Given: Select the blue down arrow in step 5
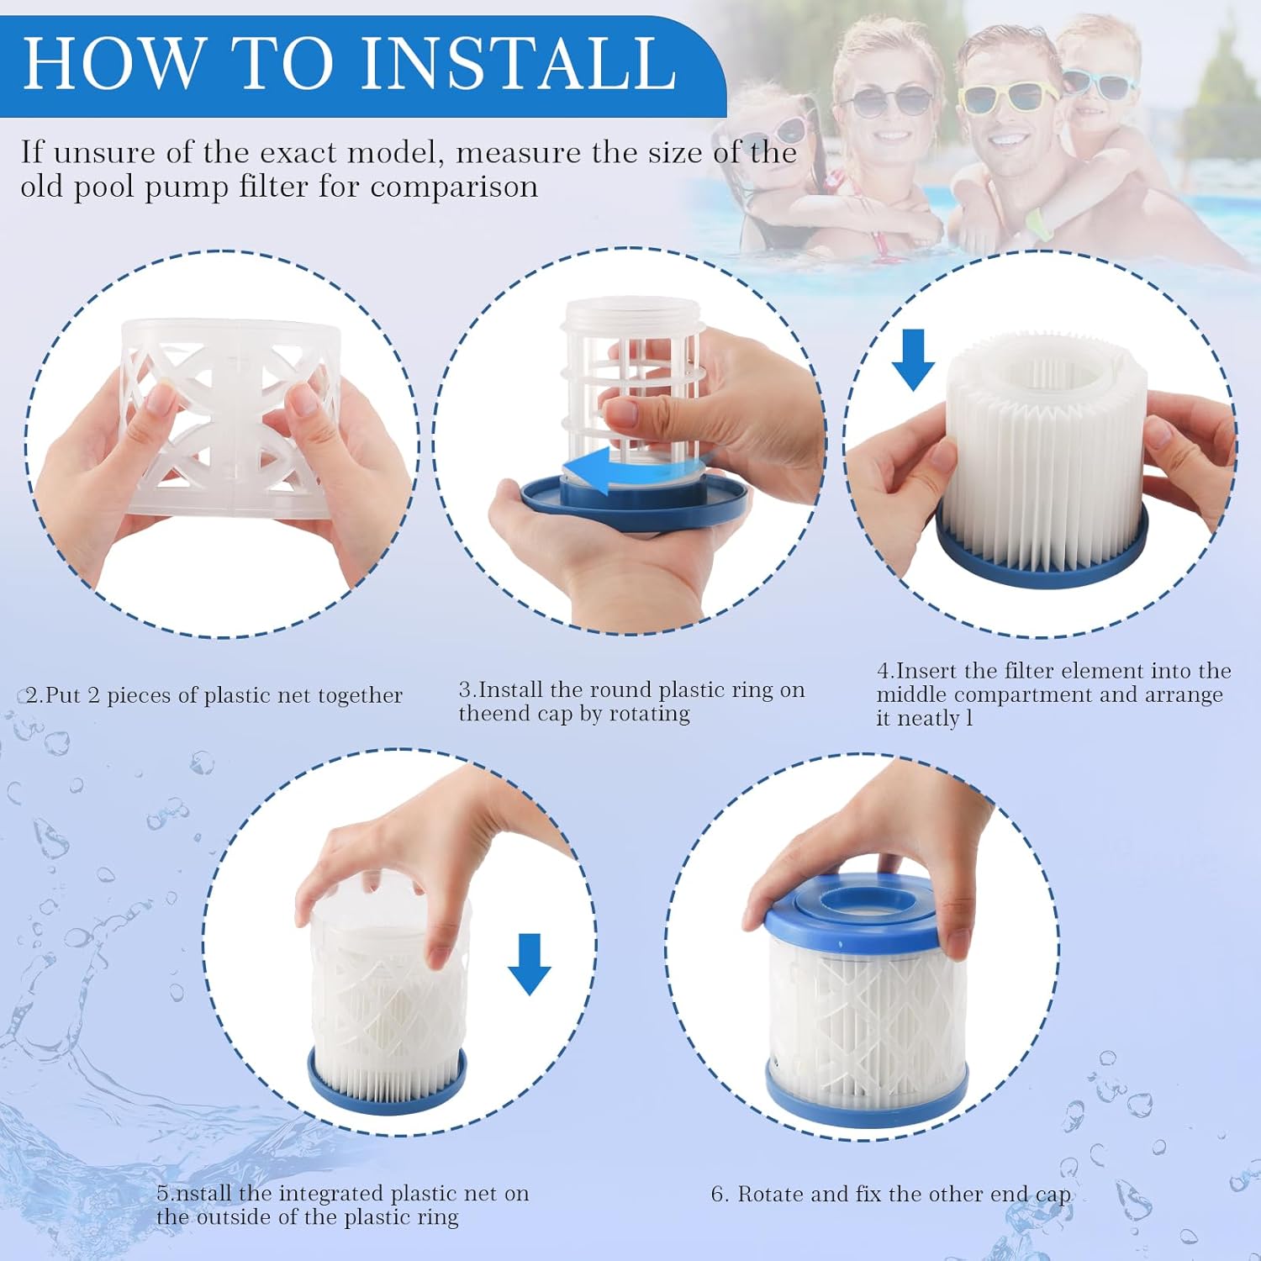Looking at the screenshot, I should [x=529, y=963].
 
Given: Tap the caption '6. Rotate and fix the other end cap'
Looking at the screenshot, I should [x=891, y=1194].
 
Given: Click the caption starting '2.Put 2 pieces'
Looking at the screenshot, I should [x=214, y=695].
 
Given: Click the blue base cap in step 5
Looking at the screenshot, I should [x=387, y=1089].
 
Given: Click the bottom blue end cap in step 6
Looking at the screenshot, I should [x=866, y=1101].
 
